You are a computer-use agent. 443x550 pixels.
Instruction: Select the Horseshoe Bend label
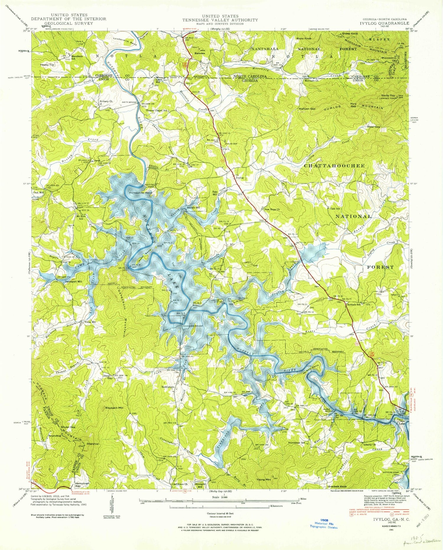[x=143, y=192]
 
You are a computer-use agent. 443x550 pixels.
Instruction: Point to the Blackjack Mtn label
[x=114, y=408]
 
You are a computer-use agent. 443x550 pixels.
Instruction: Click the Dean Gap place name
[x=107, y=377]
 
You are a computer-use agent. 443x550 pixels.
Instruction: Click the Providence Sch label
[x=298, y=443]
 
